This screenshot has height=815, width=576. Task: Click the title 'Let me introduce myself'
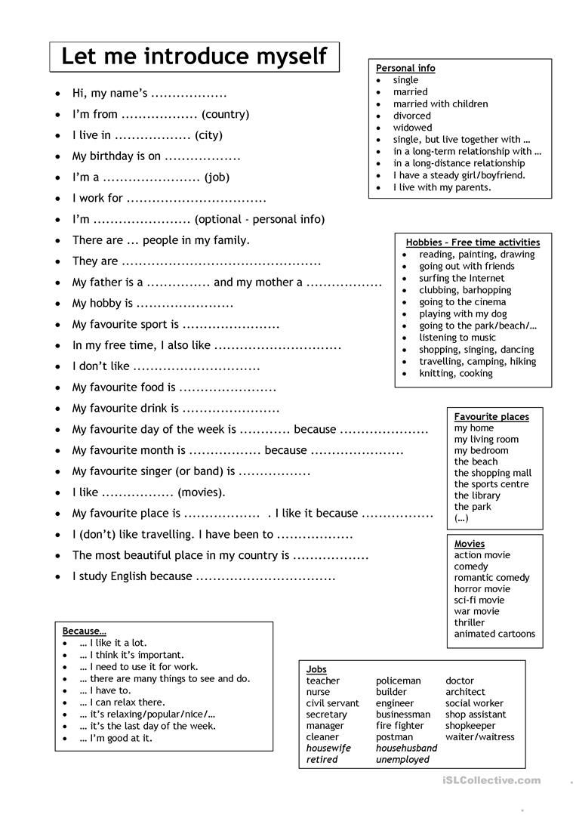(194, 56)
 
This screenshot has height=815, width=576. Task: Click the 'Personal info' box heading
(405, 68)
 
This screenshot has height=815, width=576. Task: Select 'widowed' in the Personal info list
(412, 128)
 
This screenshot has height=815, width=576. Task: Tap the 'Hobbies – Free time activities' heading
(473, 242)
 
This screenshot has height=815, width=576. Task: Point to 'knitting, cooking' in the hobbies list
(456, 373)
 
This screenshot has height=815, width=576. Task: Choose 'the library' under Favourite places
(477, 495)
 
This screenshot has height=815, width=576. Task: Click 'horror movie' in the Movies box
(482, 588)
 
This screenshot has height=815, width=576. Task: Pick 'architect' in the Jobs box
(465, 691)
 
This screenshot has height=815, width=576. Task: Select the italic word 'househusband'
(406, 748)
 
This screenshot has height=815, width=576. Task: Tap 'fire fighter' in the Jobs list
(399, 725)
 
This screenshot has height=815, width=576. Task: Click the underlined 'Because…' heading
(84, 631)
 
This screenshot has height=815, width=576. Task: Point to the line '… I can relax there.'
(122, 702)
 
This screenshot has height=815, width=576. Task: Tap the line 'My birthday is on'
(116, 156)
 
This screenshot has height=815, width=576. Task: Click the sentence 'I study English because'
(132, 576)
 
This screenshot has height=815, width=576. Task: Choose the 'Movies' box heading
(470, 544)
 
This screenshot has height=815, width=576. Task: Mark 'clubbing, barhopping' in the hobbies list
(465, 290)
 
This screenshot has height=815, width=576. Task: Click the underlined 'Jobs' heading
(316, 669)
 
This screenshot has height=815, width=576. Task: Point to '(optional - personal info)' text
(259, 219)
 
